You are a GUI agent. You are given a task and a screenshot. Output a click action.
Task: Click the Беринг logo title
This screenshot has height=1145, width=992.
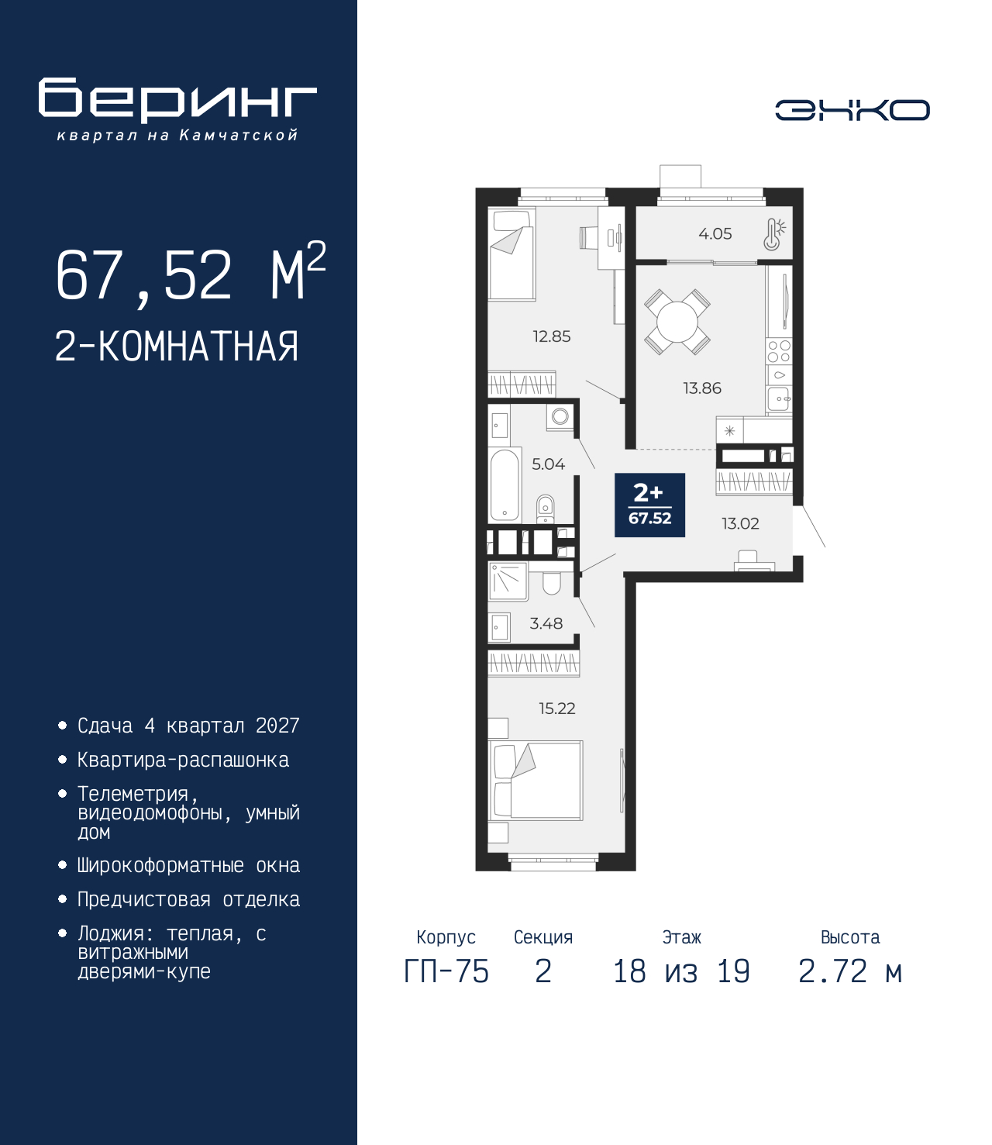pyautogui.click(x=177, y=100)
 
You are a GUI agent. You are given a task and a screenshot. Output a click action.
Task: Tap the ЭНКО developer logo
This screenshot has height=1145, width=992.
pyautogui.click(x=852, y=110)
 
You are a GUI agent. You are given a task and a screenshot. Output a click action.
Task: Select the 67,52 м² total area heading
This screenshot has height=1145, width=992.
pyautogui.click(x=190, y=274)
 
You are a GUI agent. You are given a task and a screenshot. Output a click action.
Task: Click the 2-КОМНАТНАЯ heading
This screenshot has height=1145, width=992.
pyautogui.click(x=177, y=347)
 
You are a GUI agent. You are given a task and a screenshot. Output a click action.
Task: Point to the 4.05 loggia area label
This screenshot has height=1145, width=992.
pyautogui.click(x=715, y=234)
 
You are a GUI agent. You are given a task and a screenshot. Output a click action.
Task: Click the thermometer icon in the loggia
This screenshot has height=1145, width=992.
pyautogui.click(x=773, y=234)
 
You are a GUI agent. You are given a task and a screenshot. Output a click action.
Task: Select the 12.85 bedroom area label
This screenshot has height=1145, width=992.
pyautogui.click(x=551, y=336)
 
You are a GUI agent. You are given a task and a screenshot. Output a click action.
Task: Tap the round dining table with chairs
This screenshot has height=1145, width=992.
pyautogui.click(x=677, y=321)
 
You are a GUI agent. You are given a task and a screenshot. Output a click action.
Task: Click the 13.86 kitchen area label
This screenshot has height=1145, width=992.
pyautogui.click(x=701, y=388)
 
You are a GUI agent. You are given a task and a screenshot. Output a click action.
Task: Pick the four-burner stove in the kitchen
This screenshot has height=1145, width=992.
pyautogui.click(x=779, y=352)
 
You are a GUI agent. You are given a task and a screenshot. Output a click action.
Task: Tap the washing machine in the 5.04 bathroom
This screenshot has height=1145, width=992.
pyautogui.click(x=560, y=416)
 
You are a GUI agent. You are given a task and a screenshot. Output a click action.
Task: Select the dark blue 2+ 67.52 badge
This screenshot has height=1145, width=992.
pyautogui.click(x=649, y=505)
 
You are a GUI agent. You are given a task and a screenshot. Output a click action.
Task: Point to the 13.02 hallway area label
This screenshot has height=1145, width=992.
pyautogui.click(x=740, y=524)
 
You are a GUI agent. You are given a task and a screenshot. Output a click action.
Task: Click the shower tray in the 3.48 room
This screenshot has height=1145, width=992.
pyautogui.click(x=508, y=581)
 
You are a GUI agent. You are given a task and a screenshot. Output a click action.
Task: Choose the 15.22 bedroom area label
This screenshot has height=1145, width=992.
pyautogui.click(x=556, y=709)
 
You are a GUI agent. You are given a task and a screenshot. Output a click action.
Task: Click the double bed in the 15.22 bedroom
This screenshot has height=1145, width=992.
pyautogui.click(x=536, y=781)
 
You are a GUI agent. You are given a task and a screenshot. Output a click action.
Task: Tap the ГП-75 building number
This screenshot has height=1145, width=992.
pyautogui.click(x=446, y=971)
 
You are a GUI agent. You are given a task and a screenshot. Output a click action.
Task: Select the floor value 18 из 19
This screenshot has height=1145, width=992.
pyautogui.click(x=681, y=971)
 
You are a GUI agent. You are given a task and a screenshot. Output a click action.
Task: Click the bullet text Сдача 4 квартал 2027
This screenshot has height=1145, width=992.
pyautogui.click(x=188, y=726)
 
